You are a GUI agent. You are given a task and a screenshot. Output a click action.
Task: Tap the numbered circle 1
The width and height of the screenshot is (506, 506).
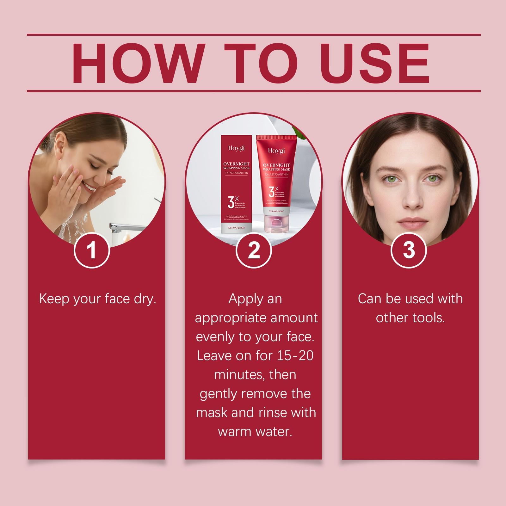tap(92, 250)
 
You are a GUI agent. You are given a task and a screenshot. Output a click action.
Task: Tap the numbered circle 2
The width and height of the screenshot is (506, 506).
tap(254, 250)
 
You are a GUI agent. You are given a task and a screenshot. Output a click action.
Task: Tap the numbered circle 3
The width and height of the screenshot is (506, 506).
tap(409, 250)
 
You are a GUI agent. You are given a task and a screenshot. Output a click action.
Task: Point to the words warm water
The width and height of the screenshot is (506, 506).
tap(255, 432)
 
